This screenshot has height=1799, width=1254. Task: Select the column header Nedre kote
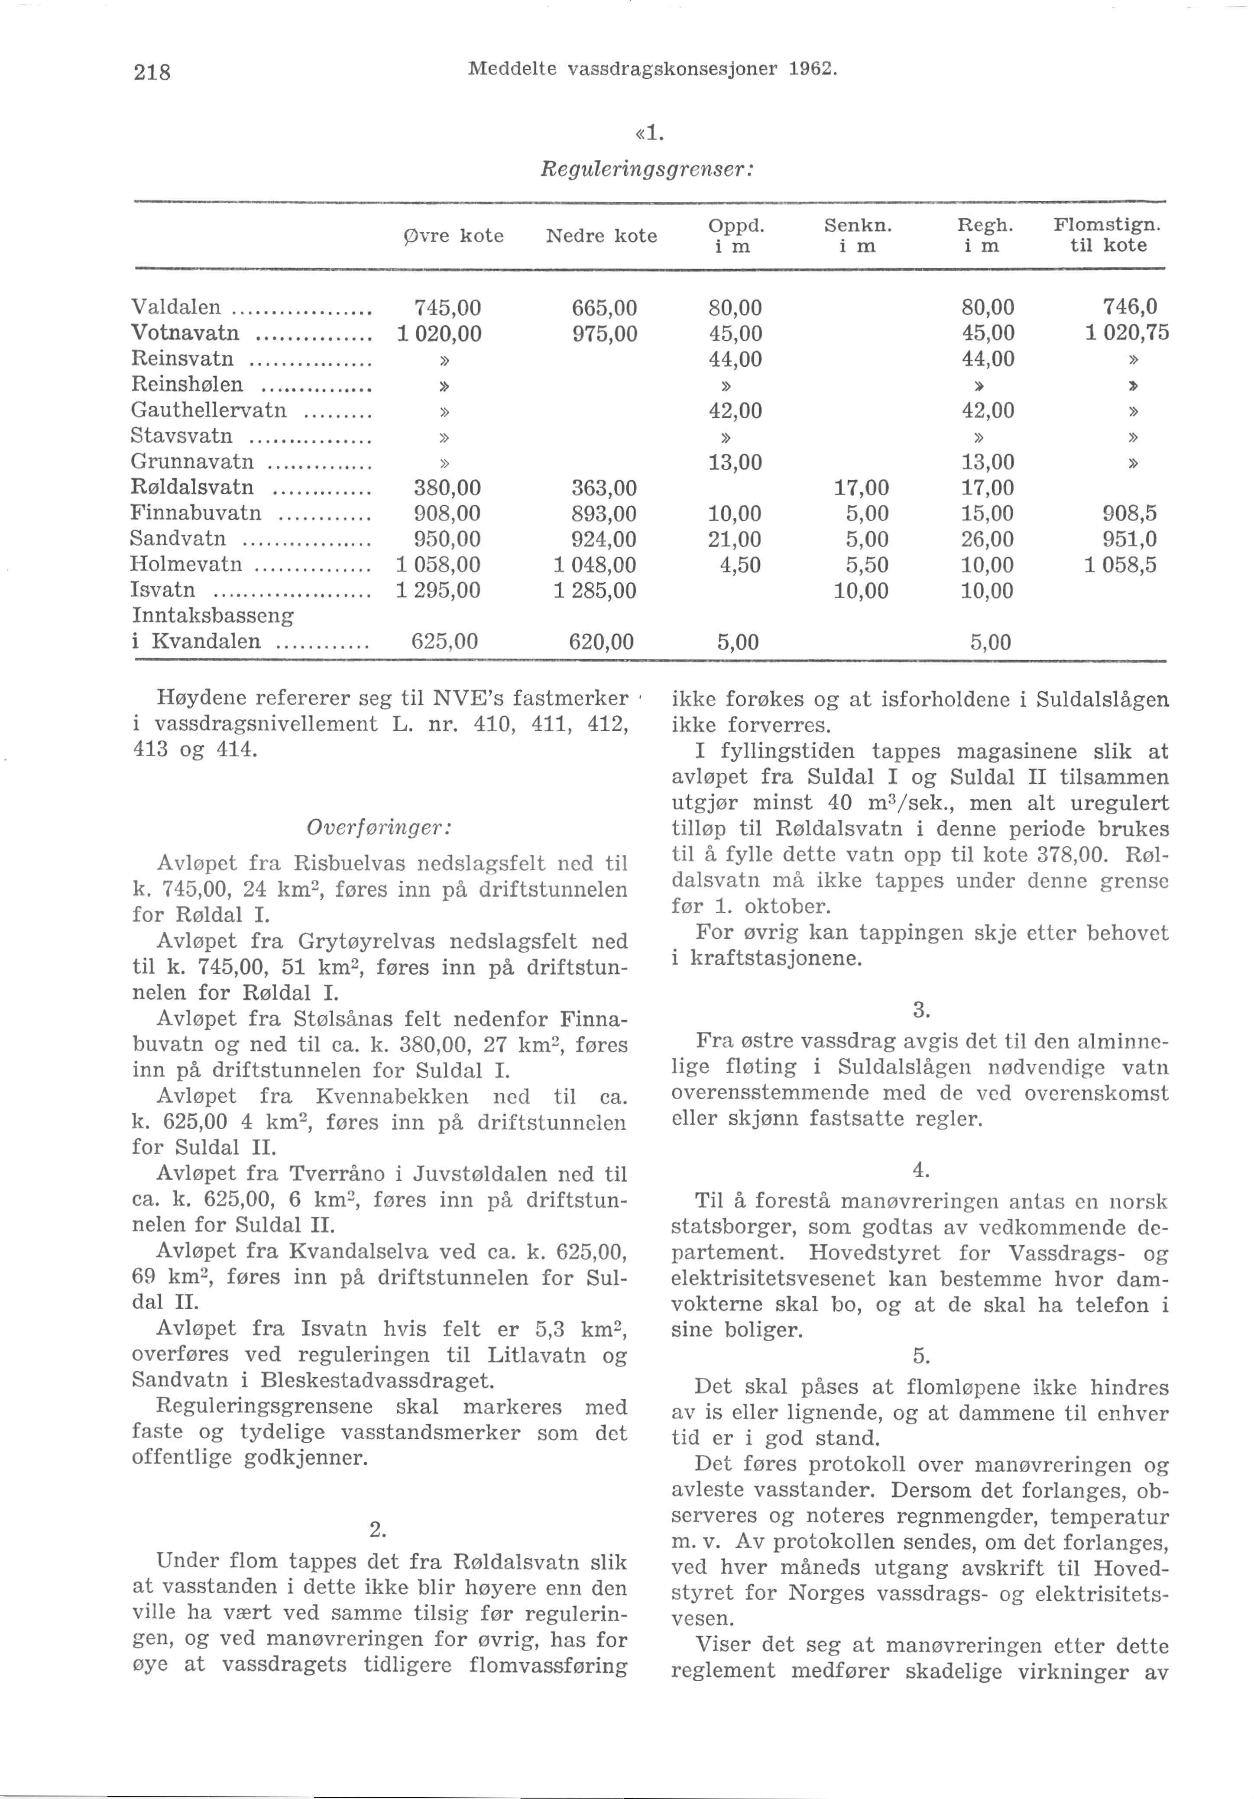601,236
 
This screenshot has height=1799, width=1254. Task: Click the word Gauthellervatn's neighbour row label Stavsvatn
182,436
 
